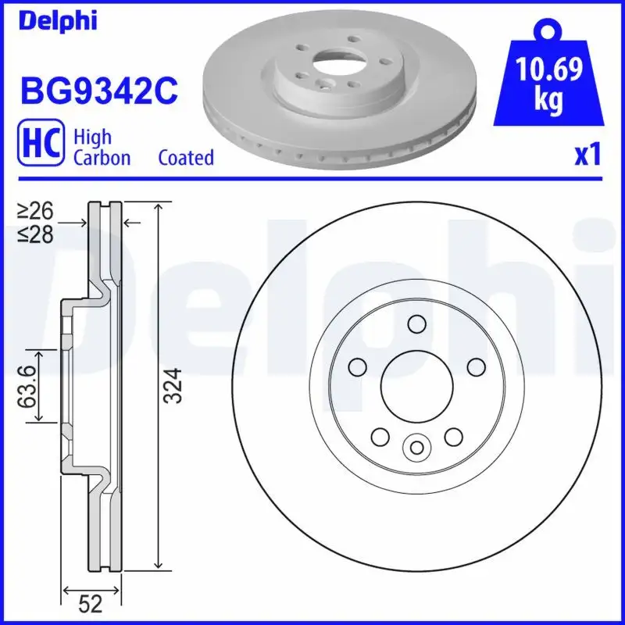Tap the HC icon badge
tap(40, 146)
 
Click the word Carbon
tap(102, 158)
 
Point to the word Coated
tap(186, 158)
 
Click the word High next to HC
tap(91, 137)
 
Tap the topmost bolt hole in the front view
tap(416, 324)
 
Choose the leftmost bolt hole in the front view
tap(358, 366)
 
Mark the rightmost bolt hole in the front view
tap(474, 366)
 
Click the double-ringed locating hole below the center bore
tap(416, 447)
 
